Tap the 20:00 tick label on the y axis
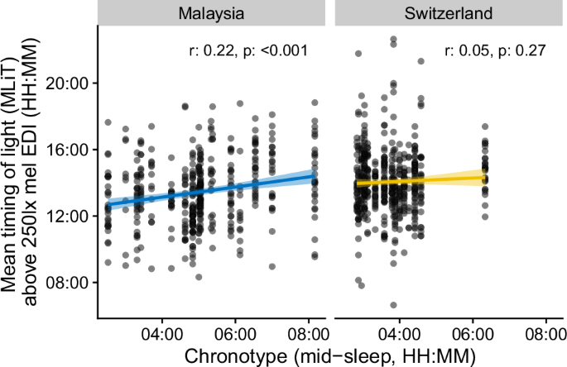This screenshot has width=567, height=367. (71, 83)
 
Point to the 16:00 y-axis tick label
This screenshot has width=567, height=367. (71, 150)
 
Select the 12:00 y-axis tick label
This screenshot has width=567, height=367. (71, 216)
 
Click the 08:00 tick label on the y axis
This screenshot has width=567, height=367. (71, 282)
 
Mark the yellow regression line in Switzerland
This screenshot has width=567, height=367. (422, 179)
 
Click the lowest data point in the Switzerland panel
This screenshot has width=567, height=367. (393, 305)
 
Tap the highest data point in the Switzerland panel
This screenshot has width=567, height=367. (393, 39)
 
